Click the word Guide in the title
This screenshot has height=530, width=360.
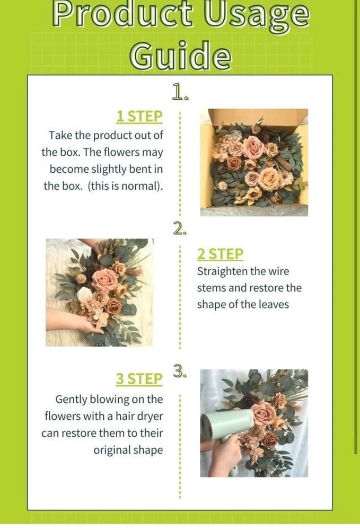coord(181,55)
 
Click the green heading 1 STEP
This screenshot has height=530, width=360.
coord(139,117)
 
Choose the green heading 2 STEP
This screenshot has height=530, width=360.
coord(220,254)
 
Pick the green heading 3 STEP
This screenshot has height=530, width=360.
coord(139,379)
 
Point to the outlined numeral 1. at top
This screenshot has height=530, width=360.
coord(180,91)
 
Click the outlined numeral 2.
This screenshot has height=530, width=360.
coord(180,228)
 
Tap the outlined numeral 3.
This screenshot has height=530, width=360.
coord(180,370)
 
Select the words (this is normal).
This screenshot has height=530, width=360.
coord(126,186)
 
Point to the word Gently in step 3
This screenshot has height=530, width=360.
coord(71,400)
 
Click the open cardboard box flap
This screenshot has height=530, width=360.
coord(258,117)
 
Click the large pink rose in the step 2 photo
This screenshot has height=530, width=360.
coord(104,279)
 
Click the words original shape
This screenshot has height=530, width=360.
coord(128,450)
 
